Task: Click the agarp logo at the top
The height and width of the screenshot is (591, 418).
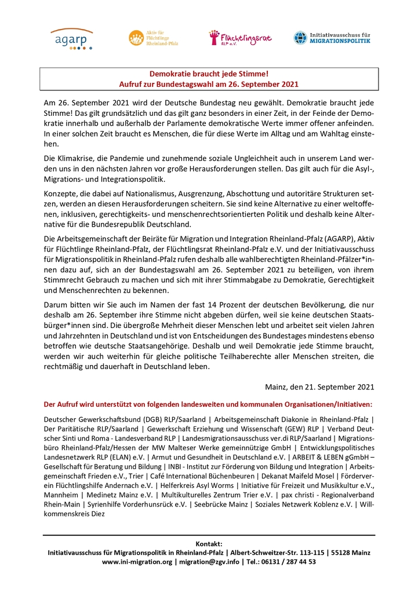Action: click(x=71, y=39)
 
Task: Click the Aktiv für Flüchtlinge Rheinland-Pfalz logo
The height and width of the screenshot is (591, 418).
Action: click(x=153, y=38)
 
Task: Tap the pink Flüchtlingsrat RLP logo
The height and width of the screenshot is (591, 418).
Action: click(x=240, y=38)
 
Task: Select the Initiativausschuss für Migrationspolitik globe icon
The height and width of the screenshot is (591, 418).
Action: click(x=300, y=38)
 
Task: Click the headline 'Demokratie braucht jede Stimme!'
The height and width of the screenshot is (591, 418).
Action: click(x=209, y=74)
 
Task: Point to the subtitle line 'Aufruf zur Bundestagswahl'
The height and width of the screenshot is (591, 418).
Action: click(x=209, y=84)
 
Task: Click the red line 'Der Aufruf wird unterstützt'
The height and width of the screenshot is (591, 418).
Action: click(x=208, y=403)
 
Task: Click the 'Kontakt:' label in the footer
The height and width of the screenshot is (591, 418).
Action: click(x=209, y=543)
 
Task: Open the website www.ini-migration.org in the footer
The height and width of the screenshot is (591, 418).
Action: click(x=137, y=561)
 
